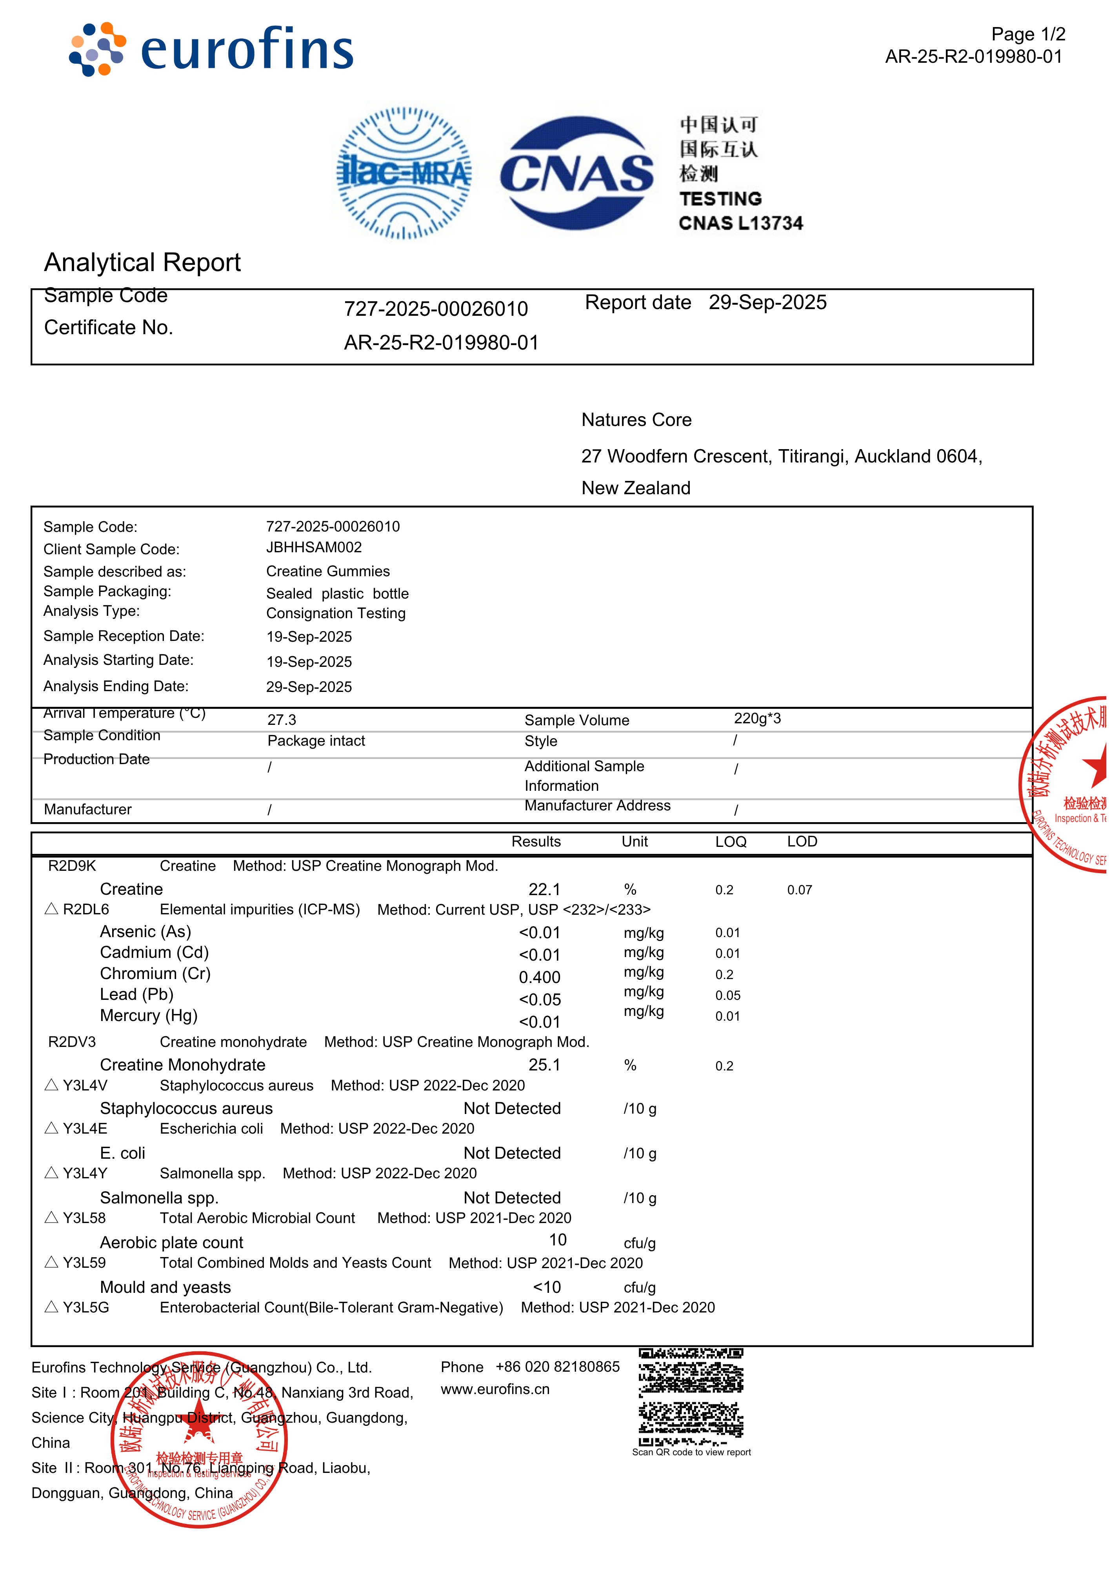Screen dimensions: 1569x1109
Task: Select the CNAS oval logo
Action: pos(577,173)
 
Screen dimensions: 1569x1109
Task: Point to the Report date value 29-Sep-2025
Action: pos(768,303)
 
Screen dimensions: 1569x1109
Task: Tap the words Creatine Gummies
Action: pos(328,571)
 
